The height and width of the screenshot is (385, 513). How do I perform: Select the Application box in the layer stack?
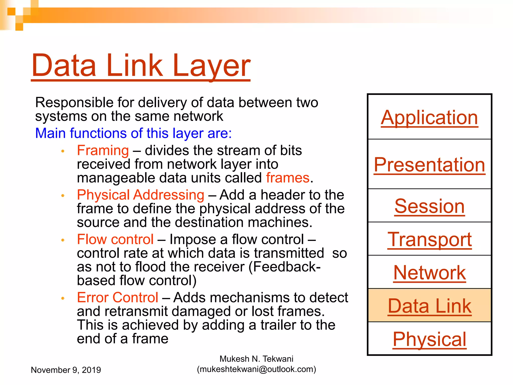(429, 117)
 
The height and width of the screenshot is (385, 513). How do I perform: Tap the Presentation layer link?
(429, 165)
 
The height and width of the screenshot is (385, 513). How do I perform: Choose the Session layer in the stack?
(429, 206)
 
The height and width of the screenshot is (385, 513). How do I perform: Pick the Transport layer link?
(429, 239)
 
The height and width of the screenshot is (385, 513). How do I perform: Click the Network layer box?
(429, 273)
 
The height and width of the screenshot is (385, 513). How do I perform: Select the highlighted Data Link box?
(429, 306)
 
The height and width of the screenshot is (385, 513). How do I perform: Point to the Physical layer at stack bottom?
(429, 339)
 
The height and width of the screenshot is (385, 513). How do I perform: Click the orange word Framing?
(103, 150)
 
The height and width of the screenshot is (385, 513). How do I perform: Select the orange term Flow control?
(115, 239)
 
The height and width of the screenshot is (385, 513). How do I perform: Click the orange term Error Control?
(117, 298)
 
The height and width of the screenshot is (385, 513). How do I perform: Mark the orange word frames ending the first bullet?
(288, 178)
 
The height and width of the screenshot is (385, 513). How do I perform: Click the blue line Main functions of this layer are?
(133, 133)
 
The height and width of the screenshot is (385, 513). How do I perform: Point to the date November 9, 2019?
(66, 370)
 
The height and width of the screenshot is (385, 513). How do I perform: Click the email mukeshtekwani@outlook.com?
(256, 369)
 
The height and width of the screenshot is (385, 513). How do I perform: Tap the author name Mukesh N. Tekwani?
(256, 359)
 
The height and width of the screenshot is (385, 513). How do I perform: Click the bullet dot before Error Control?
(63, 298)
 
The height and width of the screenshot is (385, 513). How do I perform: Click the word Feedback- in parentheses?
(287, 267)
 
